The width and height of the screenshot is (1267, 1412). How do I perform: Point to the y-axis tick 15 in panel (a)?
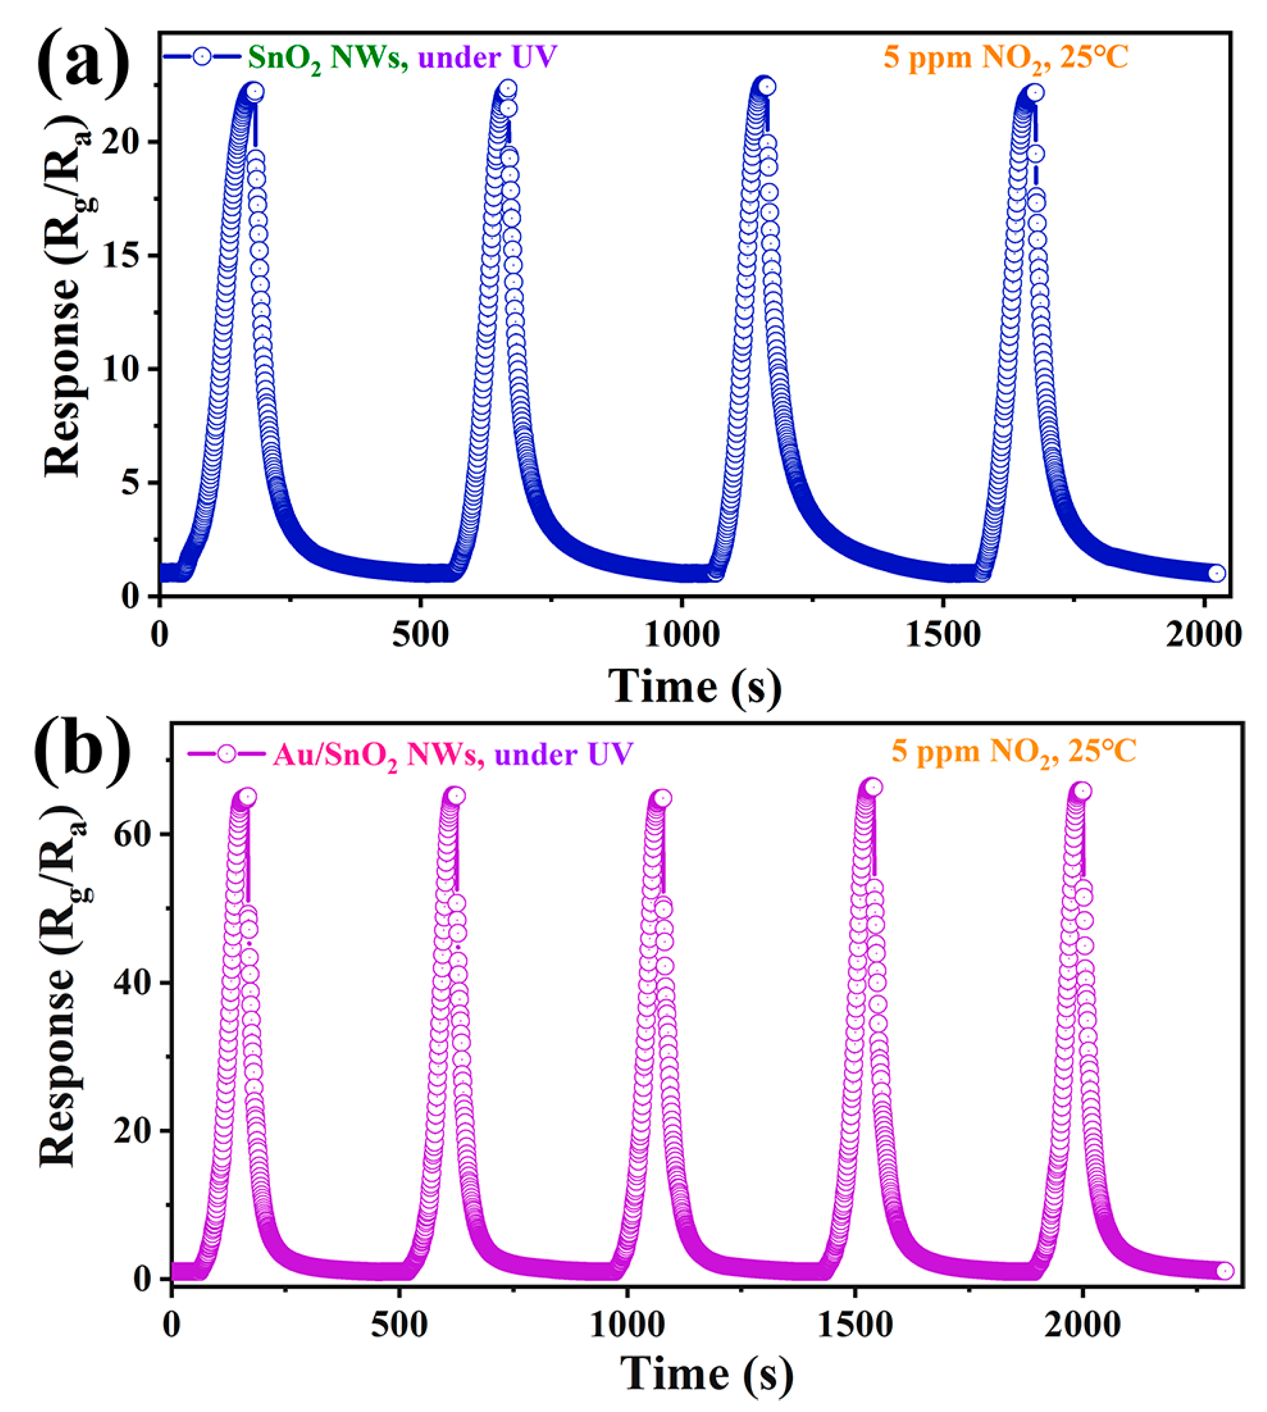pos(126,255)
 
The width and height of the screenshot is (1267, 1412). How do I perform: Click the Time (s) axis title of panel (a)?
pos(695,686)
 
